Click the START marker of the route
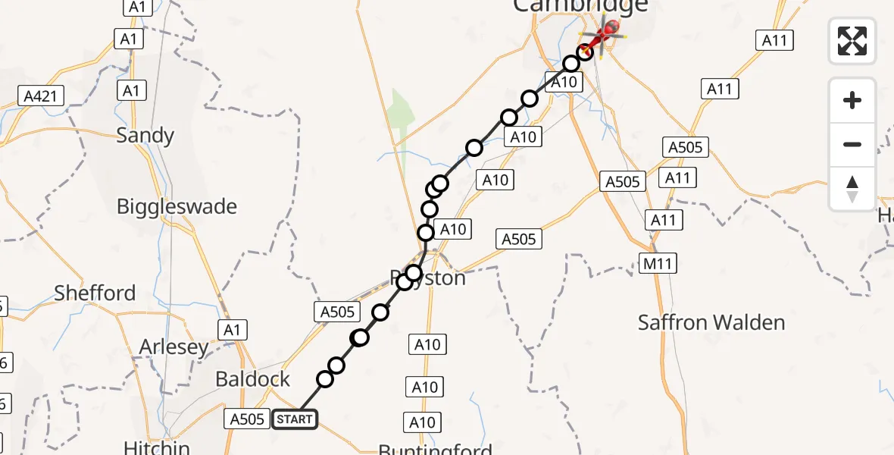(x=295, y=419)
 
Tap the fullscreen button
(x=852, y=40)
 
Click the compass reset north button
(x=852, y=189)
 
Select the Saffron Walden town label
(x=711, y=322)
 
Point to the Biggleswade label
(x=177, y=206)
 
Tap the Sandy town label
(x=145, y=136)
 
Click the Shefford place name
(x=95, y=293)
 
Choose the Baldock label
(x=252, y=379)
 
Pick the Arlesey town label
(x=173, y=347)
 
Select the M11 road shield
(x=658, y=263)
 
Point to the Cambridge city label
(x=580, y=6)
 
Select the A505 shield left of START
(x=247, y=419)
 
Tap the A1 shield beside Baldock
(x=231, y=330)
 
